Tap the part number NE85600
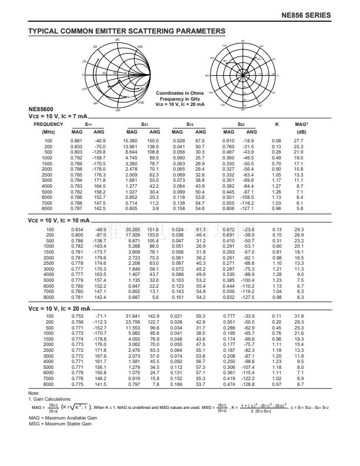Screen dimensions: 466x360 point(40,110)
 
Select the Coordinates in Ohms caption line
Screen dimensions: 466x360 point(180,93)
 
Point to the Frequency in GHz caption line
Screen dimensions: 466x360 point(180,98)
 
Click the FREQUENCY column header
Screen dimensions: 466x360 point(48,125)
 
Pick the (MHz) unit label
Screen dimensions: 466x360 point(48,132)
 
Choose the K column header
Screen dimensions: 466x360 point(277,125)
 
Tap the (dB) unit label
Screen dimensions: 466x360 point(301,132)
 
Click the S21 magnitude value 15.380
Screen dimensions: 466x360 point(131,141)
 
